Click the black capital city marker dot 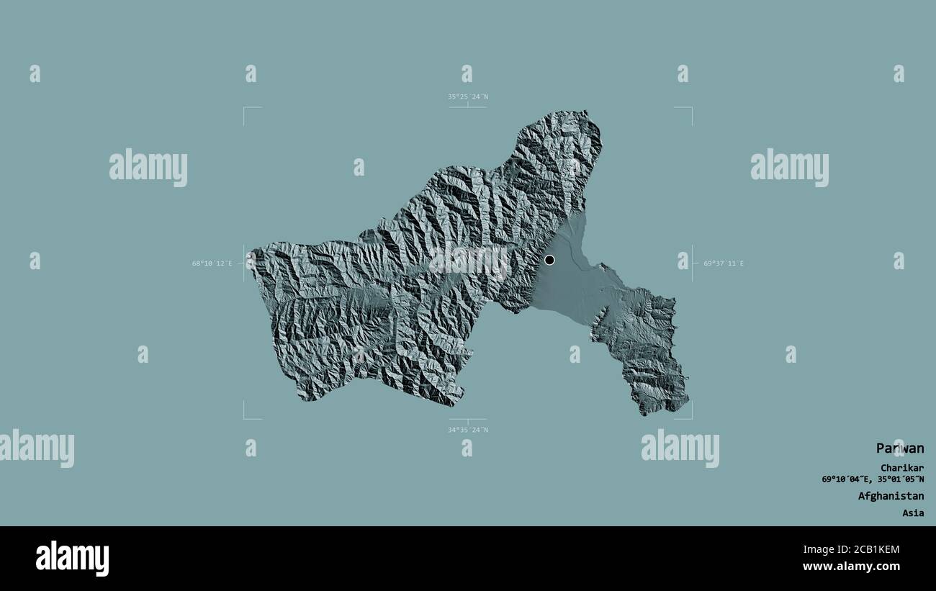click(549, 260)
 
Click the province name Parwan click(899, 448)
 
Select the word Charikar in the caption click(901, 467)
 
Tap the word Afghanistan click(891, 496)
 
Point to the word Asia click(913, 513)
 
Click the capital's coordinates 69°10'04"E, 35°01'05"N click(873, 479)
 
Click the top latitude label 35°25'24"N click(467, 96)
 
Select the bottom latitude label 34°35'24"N click(467, 430)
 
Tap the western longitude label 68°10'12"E click(212, 263)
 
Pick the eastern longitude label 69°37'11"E click(724, 263)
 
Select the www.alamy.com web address click(851, 567)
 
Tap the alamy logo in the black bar click(72, 558)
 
